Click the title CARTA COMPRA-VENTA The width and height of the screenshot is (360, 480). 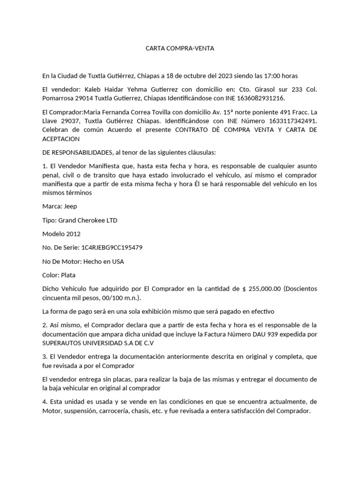180,48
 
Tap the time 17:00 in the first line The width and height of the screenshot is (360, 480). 274,75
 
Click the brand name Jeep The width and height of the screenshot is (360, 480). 71,206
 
